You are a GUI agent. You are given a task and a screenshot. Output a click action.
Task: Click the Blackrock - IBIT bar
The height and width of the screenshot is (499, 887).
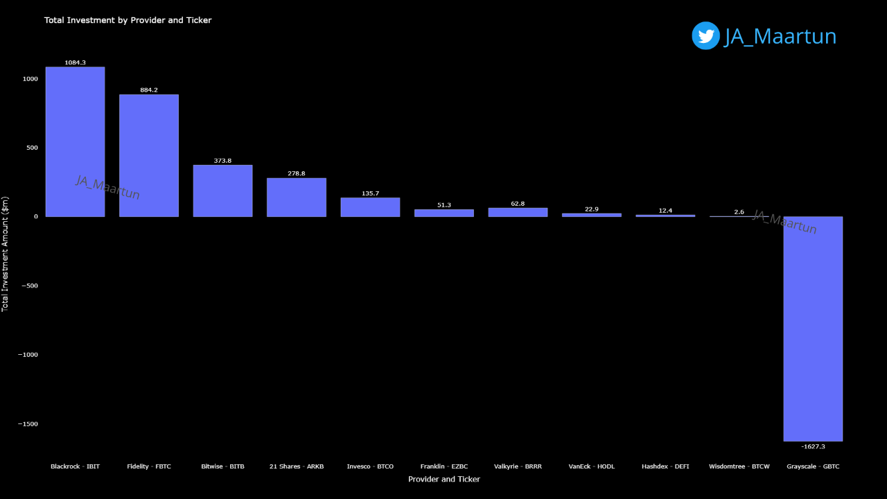75,142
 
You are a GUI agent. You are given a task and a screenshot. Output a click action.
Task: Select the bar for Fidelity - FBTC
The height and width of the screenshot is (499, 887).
149,156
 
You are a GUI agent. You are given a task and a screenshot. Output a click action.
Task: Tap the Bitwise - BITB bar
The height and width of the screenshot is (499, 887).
222,191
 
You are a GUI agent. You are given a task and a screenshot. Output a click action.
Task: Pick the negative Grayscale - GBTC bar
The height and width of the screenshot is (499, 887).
813,329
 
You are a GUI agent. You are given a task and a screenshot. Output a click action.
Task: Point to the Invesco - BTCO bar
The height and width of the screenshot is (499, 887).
370,207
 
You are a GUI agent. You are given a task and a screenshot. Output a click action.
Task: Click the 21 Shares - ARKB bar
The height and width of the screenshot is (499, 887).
297,198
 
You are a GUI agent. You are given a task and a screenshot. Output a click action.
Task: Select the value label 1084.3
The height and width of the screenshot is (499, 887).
75,63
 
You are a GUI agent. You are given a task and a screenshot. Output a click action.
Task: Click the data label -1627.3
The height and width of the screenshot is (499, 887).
813,446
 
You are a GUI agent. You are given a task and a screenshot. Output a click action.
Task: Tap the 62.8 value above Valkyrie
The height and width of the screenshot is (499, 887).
518,204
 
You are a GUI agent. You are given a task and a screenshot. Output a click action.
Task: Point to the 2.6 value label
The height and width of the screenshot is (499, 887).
739,212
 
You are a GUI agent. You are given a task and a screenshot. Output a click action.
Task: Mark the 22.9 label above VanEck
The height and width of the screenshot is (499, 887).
591,209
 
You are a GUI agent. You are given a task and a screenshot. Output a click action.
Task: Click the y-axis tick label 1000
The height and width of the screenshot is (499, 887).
30,79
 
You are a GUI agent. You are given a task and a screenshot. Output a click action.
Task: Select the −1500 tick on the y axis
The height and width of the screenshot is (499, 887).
28,424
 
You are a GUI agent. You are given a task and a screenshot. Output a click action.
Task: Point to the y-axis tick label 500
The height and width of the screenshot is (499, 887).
32,148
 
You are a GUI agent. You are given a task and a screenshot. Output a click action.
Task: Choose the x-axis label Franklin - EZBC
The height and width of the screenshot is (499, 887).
444,466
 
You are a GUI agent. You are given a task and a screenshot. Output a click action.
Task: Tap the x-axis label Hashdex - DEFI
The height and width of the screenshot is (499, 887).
665,466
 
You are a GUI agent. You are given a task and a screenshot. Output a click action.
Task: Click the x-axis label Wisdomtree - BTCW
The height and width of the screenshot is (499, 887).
739,466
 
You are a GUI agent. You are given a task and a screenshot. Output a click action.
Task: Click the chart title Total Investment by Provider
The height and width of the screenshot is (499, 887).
128,20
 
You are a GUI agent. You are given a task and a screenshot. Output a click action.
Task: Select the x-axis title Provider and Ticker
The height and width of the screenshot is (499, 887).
443,479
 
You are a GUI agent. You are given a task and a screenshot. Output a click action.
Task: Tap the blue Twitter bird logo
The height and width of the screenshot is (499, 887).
705,36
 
